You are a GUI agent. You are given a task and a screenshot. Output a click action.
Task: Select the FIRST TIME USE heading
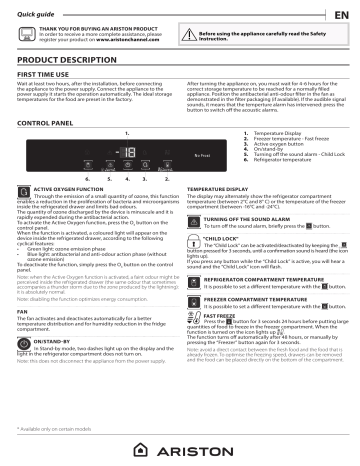click(x=49, y=75)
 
